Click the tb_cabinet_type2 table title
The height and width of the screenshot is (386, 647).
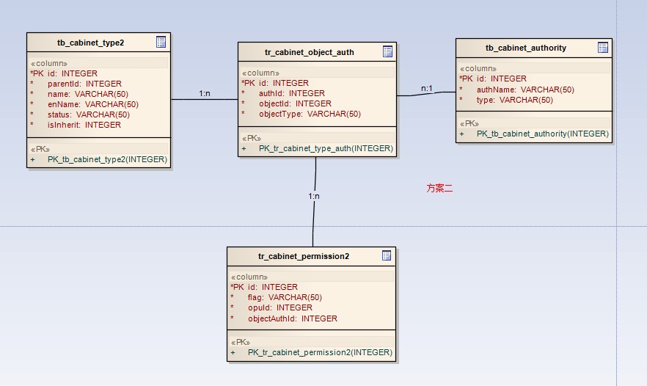tap(90, 43)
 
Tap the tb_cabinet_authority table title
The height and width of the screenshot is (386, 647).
tap(525, 48)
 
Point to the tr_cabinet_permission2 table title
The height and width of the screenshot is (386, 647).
tap(303, 256)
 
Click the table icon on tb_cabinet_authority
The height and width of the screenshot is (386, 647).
tap(603, 48)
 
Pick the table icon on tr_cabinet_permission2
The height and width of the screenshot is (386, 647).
tap(387, 255)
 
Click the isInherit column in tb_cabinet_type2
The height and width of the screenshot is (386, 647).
tap(84, 125)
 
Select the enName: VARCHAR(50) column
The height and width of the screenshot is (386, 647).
tap(92, 104)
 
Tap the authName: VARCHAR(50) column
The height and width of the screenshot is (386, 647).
tap(525, 90)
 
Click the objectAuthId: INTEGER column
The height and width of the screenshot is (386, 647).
tap(293, 318)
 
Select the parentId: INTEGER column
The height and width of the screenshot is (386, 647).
tap(84, 84)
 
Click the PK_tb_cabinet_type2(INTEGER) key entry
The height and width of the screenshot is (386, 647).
tap(107, 159)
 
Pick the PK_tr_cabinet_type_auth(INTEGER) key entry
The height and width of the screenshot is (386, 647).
tap(326, 148)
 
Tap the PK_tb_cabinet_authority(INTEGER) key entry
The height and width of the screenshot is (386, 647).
tap(542, 134)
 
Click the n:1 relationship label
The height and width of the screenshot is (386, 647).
tap(426, 88)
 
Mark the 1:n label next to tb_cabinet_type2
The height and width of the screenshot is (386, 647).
tap(205, 93)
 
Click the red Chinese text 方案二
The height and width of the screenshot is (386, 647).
tap(439, 189)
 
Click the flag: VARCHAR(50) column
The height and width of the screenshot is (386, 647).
tap(285, 297)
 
